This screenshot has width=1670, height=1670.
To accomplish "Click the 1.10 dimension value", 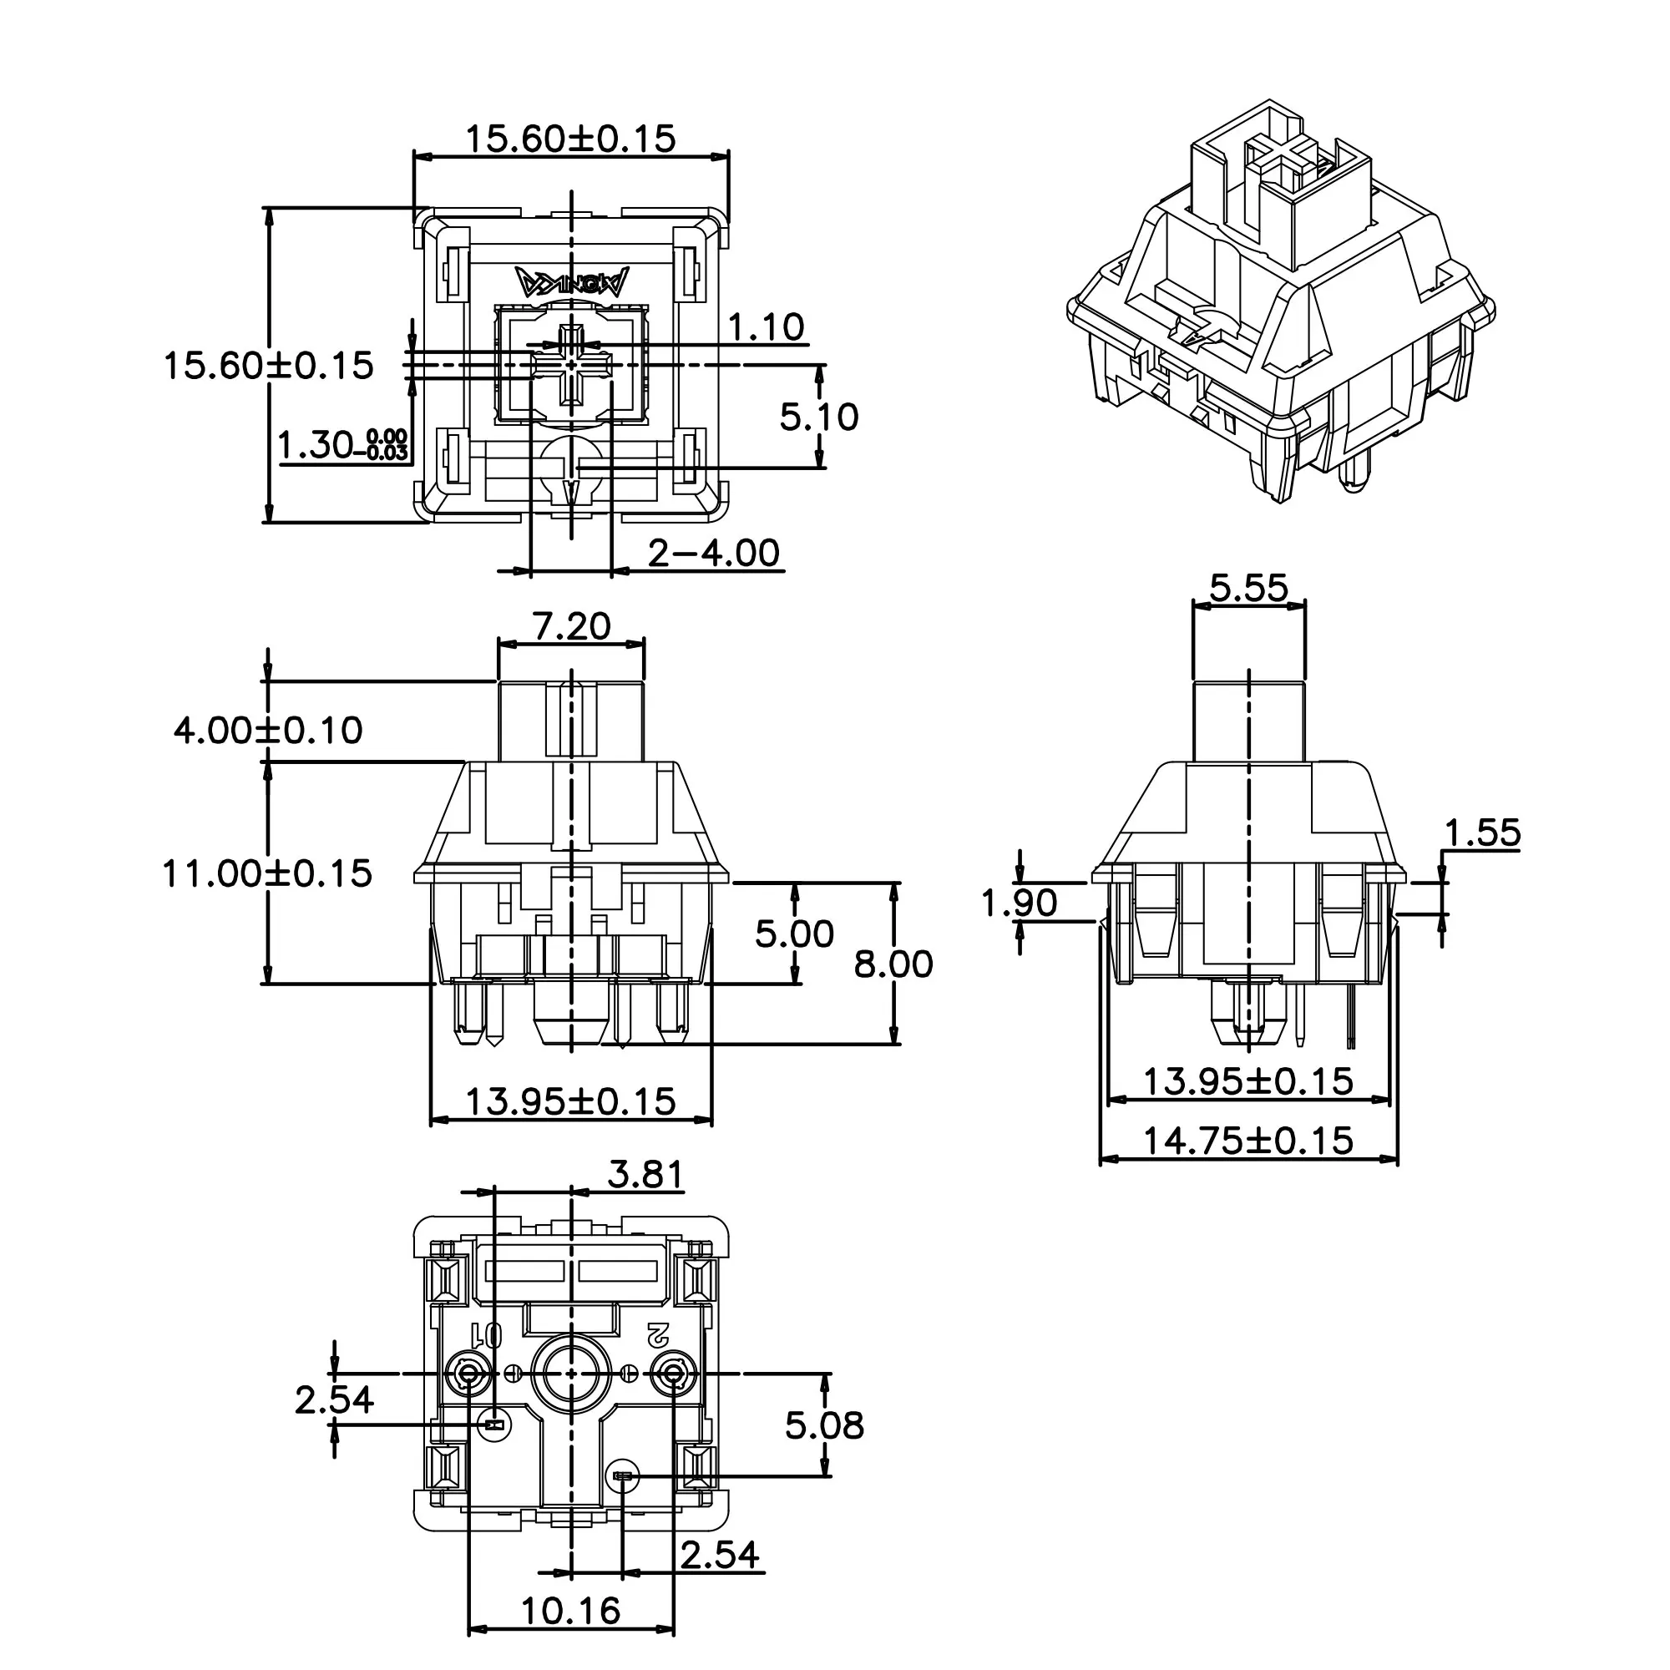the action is coord(766,327).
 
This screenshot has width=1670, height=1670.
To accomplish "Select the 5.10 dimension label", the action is coord(818,417).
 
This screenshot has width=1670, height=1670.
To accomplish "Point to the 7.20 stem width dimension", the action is coord(571,625).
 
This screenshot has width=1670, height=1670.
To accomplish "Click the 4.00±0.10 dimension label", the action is coord(268,731).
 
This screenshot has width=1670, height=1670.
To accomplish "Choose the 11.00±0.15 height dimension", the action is coord(267,873).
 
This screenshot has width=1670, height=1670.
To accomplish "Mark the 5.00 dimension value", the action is coord(794,934).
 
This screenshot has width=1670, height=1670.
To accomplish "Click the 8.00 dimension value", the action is coord(893,964).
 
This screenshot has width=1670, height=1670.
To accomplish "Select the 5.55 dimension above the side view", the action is coord(1249,588).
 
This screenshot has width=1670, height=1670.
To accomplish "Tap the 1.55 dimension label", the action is coord(1482,833).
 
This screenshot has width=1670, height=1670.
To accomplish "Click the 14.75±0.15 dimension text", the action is coord(1248,1141).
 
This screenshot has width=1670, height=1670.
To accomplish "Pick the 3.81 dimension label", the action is coord(645,1175).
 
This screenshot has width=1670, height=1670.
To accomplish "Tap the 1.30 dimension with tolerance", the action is coord(343,445).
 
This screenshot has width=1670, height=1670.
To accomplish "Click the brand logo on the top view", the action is coord(572,281).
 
